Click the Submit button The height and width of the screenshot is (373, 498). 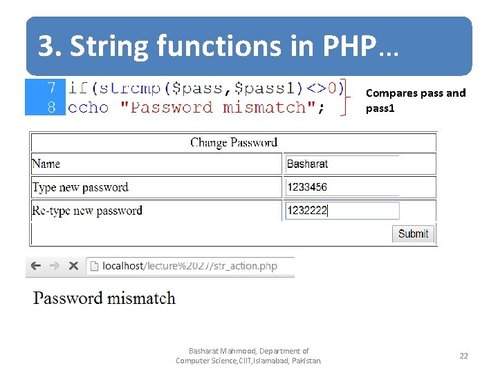(413, 233)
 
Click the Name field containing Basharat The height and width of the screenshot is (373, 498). (342, 164)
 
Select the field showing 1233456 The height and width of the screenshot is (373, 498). (342, 187)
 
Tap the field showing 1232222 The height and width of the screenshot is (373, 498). (342, 211)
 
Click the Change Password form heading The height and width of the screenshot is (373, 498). (234, 143)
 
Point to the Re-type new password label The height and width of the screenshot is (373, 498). (87, 211)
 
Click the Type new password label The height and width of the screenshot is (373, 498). (80, 187)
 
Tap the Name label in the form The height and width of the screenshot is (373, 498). (46, 164)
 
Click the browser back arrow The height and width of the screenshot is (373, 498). (36, 266)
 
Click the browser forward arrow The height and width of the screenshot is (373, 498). (54, 266)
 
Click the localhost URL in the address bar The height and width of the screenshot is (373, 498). (190, 266)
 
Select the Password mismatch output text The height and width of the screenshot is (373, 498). (104, 298)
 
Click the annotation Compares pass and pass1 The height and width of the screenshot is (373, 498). (415, 100)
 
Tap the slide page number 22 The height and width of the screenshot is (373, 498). (463, 356)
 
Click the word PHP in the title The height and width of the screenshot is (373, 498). (349, 46)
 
